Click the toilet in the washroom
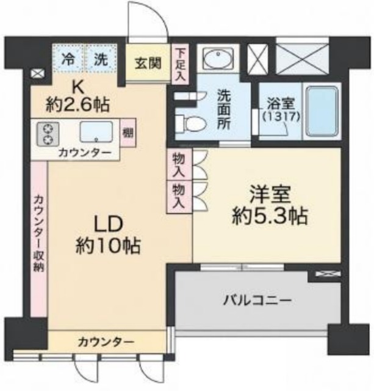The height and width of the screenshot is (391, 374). pyautogui.click(x=190, y=123)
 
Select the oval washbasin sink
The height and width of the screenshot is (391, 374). pyautogui.click(x=218, y=58)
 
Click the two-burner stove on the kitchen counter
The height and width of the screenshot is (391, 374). pyautogui.click(x=48, y=134)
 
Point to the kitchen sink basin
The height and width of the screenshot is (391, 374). pyautogui.click(x=96, y=132)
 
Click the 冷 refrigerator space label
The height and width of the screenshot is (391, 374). pyautogui.click(x=68, y=59)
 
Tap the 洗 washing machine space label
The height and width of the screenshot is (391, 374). pyautogui.click(x=101, y=59)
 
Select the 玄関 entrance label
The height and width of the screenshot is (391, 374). pyautogui.click(x=148, y=63)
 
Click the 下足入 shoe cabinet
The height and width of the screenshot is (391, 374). pyautogui.click(x=180, y=64)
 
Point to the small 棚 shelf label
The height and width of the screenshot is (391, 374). pyautogui.click(x=128, y=133)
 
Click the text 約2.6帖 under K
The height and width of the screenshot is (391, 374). pyautogui.click(x=77, y=105)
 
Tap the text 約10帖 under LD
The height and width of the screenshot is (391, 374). pyautogui.click(x=108, y=246)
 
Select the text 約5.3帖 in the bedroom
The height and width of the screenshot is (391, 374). pyautogui.click(x=270, y=216)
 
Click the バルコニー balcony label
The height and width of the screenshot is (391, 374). pyautogui.click(x=257, y=300)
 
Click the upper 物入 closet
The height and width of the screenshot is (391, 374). pyautogui.click(x=179, y=164)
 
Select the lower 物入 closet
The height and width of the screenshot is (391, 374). pyautogui.click(x=179, y=197)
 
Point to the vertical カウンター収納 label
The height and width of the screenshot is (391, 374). pyautogui.click(x=39, y=233)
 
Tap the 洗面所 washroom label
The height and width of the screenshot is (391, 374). pyautogui.click(x=223, y=109)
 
